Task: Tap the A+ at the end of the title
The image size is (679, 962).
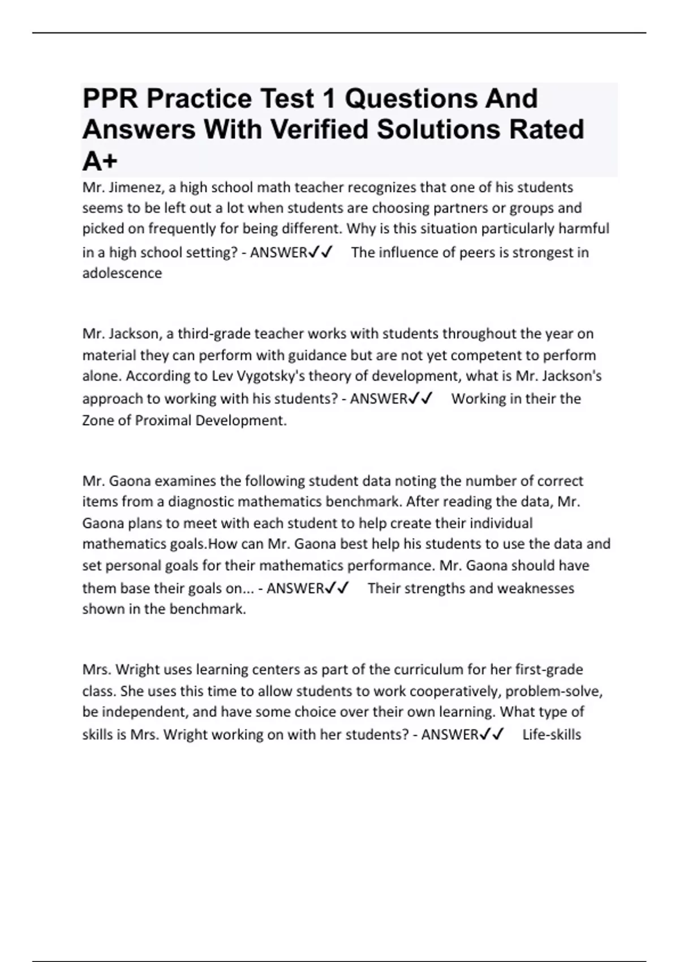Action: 100,161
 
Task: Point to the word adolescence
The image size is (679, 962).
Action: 122,273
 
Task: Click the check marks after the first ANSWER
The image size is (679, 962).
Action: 321,252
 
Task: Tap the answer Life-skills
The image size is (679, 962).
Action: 552,735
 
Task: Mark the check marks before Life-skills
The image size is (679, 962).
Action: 492,735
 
